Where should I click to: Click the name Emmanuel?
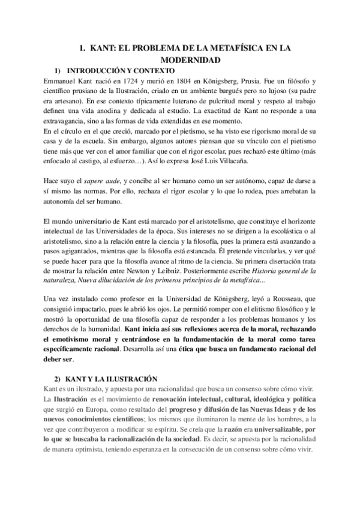(62, 79)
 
